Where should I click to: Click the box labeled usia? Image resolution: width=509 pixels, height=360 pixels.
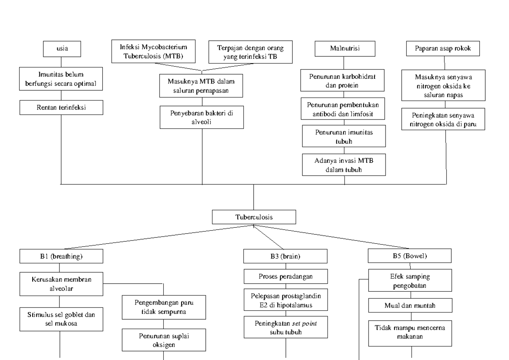coord(62,49)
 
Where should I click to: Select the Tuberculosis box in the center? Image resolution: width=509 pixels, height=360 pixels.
coord(254,218)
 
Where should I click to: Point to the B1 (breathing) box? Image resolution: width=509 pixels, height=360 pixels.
coord(62,256)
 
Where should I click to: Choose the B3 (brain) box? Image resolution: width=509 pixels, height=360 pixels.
coord(285,256)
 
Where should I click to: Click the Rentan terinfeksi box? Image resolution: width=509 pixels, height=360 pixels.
coord(62,108)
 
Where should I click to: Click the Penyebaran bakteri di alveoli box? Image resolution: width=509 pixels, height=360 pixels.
coord(201,117)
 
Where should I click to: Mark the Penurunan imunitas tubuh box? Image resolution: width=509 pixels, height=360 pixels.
coord(344,136)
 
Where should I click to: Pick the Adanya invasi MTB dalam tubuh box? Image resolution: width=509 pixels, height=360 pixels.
coord(344,165)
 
